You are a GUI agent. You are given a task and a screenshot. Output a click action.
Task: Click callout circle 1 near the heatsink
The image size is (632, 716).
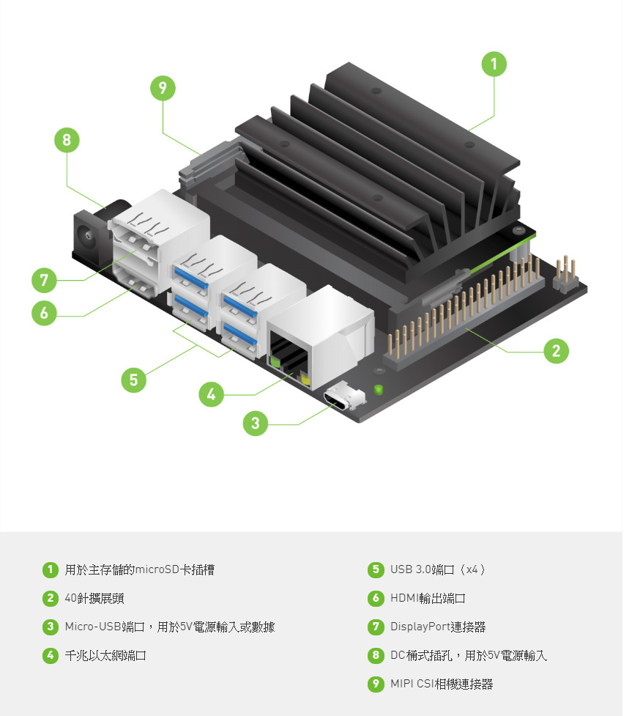pos(494,64)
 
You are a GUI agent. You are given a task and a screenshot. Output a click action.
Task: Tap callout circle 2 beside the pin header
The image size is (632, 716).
pos(556,351)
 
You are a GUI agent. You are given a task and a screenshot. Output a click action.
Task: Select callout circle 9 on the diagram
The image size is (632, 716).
pos(163,88)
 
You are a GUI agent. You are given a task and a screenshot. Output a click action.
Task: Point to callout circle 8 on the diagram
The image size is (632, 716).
pos(67,140)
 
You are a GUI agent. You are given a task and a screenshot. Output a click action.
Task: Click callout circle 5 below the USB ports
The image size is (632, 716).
pos(133,380)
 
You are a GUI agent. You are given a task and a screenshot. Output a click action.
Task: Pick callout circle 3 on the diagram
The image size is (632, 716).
pos(255,423)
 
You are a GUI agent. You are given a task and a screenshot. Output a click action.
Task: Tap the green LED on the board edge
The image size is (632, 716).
pos(378,389)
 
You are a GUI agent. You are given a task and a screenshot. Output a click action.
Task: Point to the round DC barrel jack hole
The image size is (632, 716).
pos(86,236)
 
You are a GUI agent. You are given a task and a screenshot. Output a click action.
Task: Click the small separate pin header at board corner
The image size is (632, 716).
pos(566,273)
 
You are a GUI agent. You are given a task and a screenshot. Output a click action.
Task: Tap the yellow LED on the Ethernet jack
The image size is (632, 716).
pos(305,380)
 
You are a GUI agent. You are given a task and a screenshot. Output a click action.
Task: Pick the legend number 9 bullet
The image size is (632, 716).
pos(376,684)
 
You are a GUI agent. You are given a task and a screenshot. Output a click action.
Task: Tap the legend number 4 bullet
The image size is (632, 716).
pos(51,655)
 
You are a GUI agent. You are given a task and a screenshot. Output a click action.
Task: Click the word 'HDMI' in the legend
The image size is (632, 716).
pos(404,598)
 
